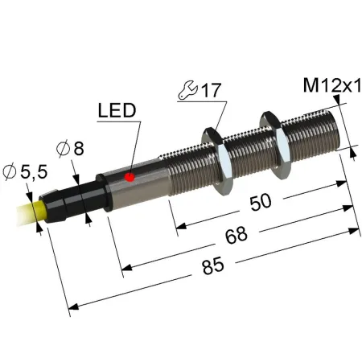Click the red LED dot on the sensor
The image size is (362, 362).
pos(130,177)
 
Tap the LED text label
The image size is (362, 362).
pos(117,110)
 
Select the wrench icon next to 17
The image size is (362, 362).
pos(188,90)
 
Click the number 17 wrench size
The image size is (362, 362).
pos(212,90)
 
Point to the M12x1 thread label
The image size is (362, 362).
pos(332,85)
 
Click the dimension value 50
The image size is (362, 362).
pos(261,202)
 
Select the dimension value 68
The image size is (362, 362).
pos(236,235)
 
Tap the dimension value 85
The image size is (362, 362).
pos(213,265)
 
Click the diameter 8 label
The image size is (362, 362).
pos(70,149)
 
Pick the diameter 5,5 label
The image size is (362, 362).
pos(25,171)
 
